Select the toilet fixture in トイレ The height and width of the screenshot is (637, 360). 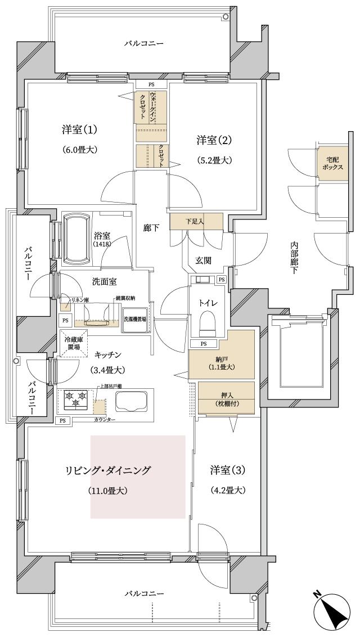208,323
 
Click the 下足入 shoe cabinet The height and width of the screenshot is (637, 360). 195,221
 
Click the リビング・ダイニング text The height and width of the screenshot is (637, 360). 107,470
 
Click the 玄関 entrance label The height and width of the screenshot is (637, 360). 202,259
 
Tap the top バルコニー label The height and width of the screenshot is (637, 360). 144,43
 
